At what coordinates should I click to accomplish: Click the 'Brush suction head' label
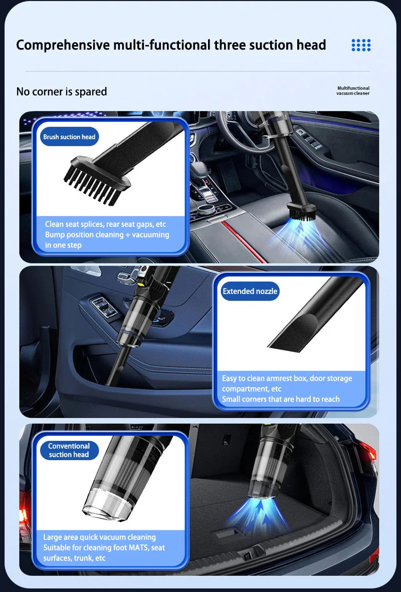[69, 137]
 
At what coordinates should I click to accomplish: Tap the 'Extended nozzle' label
[250, 291]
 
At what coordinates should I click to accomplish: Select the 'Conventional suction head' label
[69, 450]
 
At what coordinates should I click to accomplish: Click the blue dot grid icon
[361, 45]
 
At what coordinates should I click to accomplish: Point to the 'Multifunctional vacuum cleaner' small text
[353, 91]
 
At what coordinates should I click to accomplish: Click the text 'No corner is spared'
[62, 92]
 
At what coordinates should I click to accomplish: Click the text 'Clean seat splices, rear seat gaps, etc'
[105, 224]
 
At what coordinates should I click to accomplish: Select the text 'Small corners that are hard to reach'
[281, 399]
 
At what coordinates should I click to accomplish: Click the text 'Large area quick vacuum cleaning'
[99, 537]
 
